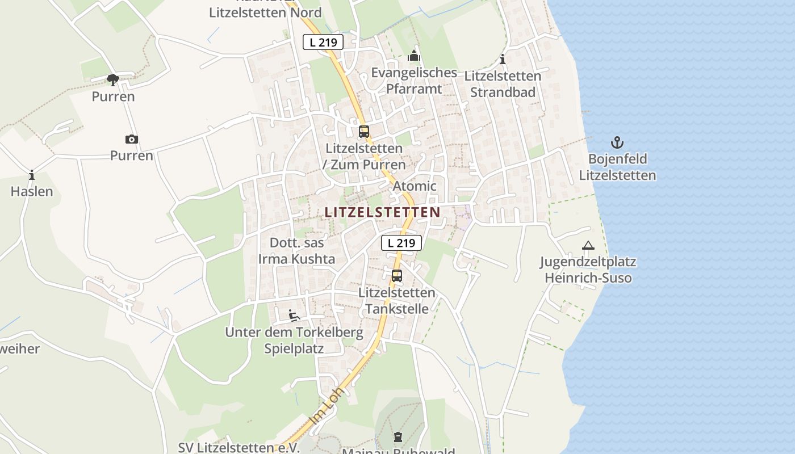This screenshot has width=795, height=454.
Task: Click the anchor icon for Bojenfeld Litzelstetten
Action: (617, 142)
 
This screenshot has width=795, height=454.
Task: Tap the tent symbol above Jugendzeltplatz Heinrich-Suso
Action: (588, 246)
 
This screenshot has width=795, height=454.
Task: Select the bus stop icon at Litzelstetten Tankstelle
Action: (397, 276)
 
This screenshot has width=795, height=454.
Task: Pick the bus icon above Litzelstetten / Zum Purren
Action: (364, 132)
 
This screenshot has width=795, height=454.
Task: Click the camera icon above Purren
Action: (131, 139)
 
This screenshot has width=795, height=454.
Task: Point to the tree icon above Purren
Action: (113, 80)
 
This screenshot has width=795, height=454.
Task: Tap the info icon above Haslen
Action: (32, 175)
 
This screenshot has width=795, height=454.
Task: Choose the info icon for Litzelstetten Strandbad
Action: (502, 60)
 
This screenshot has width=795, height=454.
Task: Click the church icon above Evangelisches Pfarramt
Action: (414, 56)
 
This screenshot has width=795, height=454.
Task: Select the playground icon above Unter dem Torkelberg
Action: (294, 316)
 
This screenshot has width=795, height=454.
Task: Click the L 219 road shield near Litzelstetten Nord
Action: (323, 41)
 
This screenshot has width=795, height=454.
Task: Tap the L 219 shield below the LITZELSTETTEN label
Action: (401, 243)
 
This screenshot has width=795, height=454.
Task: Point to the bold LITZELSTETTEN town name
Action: (382, 212)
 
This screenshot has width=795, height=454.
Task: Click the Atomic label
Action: (415, 186)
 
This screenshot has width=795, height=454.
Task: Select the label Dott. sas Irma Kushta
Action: (296, 251)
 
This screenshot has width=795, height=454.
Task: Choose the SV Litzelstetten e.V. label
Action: (238, 447)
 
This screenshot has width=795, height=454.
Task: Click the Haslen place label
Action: (32, 192)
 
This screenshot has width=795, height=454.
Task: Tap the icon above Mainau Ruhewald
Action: (397, 437)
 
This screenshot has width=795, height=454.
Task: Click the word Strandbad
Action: (503, 92)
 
